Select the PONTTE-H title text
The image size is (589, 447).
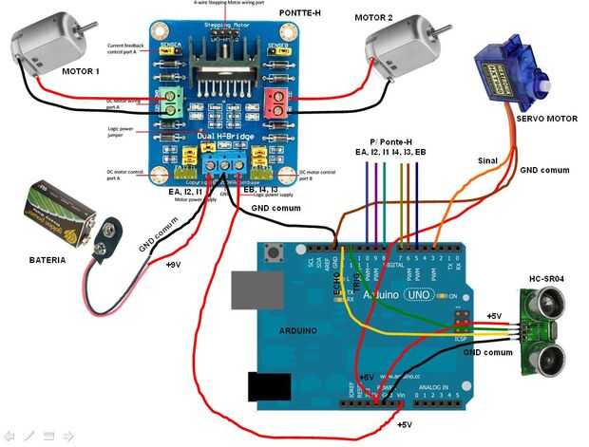pyautogui.click(x=300, y=12)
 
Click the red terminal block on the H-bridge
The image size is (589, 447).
pyautogui.click(x=276, y=103)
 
